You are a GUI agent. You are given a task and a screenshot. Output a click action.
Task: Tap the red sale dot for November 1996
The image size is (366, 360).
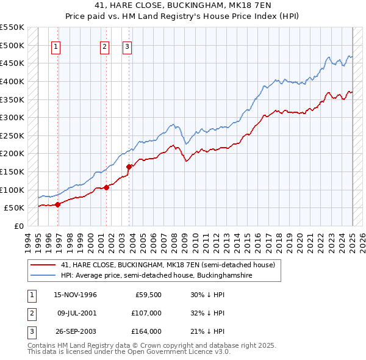[58, 204]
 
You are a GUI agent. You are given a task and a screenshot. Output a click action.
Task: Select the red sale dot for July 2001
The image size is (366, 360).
[106, 187]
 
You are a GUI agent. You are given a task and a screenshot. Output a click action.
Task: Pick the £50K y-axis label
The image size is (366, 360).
[15, 207]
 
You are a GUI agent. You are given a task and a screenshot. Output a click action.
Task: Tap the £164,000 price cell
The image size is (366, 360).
[146, 331]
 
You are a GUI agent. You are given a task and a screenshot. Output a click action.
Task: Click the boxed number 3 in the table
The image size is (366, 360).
[31, 331]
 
